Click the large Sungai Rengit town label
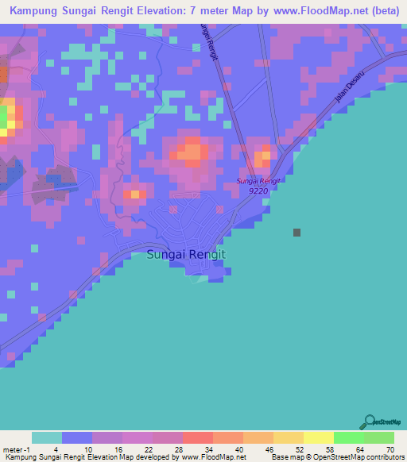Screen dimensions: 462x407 click(187, 255)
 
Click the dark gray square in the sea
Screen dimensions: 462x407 click(297, 233)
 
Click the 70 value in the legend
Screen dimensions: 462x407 click(389, 449)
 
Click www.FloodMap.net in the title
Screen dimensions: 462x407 click(297, 10)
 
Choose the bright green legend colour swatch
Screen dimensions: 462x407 click(349, 437)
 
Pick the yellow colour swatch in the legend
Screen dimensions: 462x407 click(319, 437)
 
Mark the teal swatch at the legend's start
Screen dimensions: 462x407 click(47, 437)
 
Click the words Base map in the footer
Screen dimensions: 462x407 click(285, 458)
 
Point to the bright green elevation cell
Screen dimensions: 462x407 click(3, 118)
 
